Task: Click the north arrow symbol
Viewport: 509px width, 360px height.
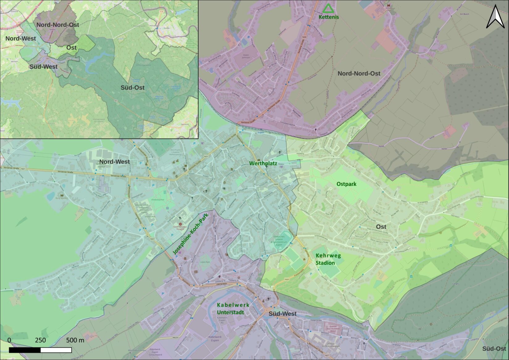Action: (x=495, y=17)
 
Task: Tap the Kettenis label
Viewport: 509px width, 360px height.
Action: (x=329, y=17)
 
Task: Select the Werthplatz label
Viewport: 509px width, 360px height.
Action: (x=263, y=163)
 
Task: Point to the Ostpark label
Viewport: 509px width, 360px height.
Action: (x=346, y=184)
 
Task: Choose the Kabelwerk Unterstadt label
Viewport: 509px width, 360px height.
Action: (x=233, y=308)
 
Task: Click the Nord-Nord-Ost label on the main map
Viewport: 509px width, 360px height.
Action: (x=359, y=74)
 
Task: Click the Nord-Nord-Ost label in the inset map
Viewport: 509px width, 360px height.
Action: (x=58, y=25)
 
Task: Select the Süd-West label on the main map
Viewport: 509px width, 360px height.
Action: (x=282, y=314)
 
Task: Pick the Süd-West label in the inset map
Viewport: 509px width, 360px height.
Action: (x=43, y=66)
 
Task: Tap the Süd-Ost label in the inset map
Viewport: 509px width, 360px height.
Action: (x=133, y=87)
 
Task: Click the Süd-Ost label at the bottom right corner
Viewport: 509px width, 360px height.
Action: (x=494, y=349)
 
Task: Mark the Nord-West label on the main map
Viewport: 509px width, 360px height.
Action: (x=114, y=162)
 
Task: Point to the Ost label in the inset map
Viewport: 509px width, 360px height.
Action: (x=71, y=48)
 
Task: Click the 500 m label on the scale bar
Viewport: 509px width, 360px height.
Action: (x=75, y=340)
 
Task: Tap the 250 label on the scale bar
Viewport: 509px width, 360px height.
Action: (x=40, y=340)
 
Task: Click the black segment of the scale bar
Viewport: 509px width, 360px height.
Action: (x=25, y=350)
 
